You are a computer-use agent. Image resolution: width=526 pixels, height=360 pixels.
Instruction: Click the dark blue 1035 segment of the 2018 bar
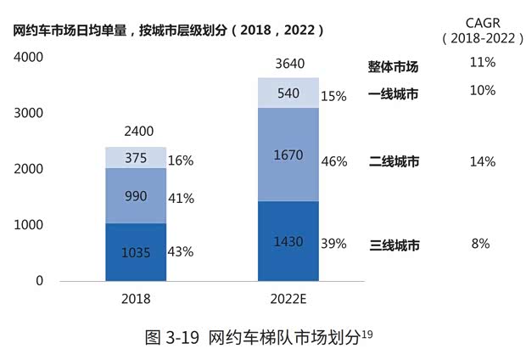(x=136, y=252)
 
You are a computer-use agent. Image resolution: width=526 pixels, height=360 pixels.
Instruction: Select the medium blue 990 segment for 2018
(x=136, y=196)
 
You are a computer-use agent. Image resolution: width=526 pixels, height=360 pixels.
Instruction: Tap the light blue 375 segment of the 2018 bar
(x=136, y=158)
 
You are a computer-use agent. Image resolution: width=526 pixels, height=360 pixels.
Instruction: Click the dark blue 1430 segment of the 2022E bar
(x=288, y=241)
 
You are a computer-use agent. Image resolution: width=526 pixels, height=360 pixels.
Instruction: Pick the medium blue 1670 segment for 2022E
(x=288, y=155)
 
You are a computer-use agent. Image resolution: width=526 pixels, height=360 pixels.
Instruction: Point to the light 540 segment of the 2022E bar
(x=288, y=93)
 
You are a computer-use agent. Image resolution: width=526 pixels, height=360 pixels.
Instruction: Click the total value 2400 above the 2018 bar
(x=136, y=132)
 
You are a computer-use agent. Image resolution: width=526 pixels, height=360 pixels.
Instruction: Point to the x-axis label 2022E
(x=288, y=300)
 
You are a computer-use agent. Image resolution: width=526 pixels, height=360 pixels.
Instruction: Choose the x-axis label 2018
(x=136, y=300)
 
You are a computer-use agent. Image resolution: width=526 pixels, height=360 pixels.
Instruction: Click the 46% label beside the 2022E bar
(x=334, y=161)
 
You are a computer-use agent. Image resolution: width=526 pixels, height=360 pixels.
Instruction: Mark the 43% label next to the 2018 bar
(x=182, y=252)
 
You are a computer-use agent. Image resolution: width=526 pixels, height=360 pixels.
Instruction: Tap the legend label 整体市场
(x=393, y=66)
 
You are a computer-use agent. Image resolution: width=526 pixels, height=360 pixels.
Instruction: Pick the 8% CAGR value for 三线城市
(x=481, y=244)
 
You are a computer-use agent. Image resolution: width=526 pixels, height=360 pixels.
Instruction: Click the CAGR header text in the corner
(x=480, y=21)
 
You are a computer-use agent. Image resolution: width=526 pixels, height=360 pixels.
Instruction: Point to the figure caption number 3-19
(x=181, y=337)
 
